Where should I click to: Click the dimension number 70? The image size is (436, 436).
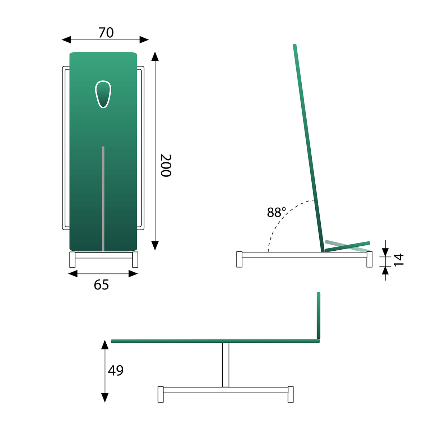click(x=106, y=33)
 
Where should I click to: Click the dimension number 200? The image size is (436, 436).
click(x=166, y=165)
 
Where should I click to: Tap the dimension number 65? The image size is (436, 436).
click(x=101, y=285)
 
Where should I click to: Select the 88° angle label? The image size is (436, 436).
click(x=276, y=213)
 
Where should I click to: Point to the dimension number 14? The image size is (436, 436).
click(x=399, y=259)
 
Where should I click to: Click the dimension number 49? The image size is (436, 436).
click(x=116, y=370)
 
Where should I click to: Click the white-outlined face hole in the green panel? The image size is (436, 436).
click(x=103, y=94)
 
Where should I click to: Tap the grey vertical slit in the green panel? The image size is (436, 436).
click(x=103, y=198)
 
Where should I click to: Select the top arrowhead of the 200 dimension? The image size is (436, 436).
click(x=155, y=56)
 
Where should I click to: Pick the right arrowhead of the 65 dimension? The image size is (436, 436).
click(x=134, y=274)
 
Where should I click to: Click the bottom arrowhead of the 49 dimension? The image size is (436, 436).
click(x=105, y=398)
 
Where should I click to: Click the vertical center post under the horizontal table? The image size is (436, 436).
click(x=226, y=365)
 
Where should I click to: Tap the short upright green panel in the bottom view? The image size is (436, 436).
click(x=319, y=315)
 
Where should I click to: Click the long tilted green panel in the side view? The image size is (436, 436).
click(x=309, y=147)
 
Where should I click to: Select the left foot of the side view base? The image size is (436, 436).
click(x=240, y=259)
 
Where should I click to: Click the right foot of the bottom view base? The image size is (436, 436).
click(x=291, y=394)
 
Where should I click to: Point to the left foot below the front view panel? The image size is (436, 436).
click(x=72, y=260)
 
